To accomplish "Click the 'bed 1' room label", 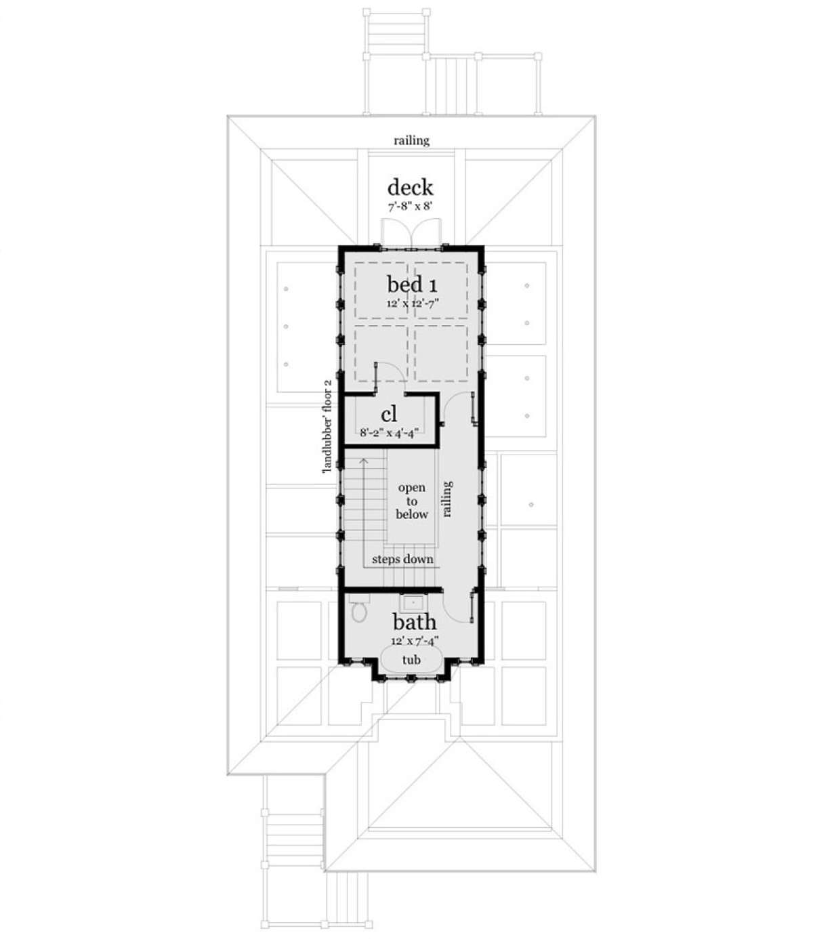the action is pyautogui.click(x=412, y=285).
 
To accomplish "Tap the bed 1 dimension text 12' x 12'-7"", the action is pyautogui.click(x=413, y=303).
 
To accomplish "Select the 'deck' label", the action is pyautogui.click(x=410, y=187).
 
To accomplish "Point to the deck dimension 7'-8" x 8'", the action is pyautogui.click(x=410, y=207).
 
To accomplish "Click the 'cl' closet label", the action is pyautogui.click(x=390, y=415).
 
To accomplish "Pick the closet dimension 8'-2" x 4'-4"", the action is pyautogui.click(x=390, y=432).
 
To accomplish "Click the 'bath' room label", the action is pyautogui.click(x=414, y=623).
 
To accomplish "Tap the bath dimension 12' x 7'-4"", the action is pyautogui.click(x=415, y=641).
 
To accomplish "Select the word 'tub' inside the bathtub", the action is pyautogui.click(x=411, y=660).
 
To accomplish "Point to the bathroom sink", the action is pyautogui.click(x=413, y=603).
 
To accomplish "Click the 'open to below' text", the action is pyautogui.click(x=411, y=501).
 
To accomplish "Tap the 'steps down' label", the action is pyautogui.click(x=402, y=559).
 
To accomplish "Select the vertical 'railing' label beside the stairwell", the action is pyautogui.click(x=447, y=499).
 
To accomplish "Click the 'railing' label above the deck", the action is pyautogui.click(x=411, y=140).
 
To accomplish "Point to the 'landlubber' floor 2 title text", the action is pyautogui.click(x=327, y=427).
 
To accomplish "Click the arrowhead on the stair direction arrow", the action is pyautogui.click(x=363, y=461).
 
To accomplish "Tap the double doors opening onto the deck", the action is pyautogui.click(x=411, y=233).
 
